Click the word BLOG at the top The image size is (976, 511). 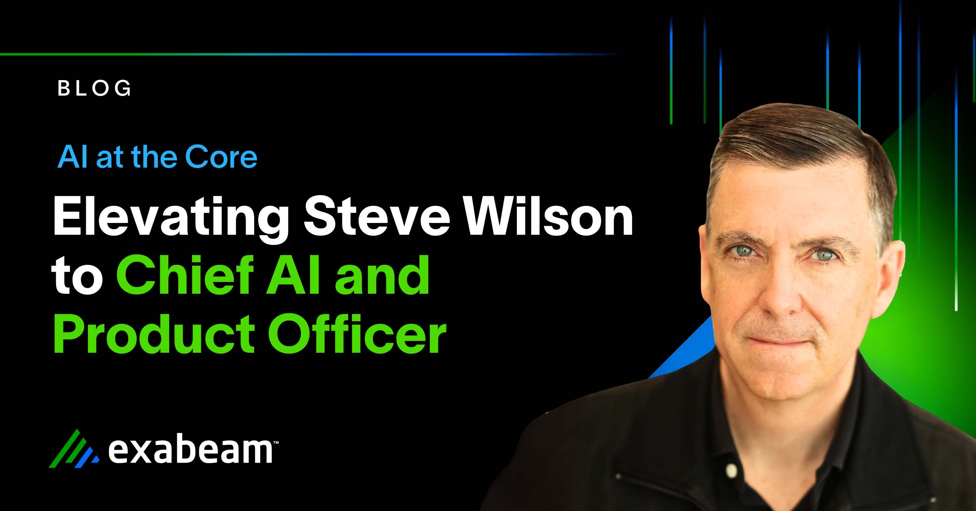click(94, 88)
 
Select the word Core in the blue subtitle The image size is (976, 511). click(221, 157)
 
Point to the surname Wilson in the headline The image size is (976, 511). click(549, 216)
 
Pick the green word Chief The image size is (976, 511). click(185, 275)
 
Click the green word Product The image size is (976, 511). click(154, 334)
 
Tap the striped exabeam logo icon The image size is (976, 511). click(74, 449)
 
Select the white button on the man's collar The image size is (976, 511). click(731, 471)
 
